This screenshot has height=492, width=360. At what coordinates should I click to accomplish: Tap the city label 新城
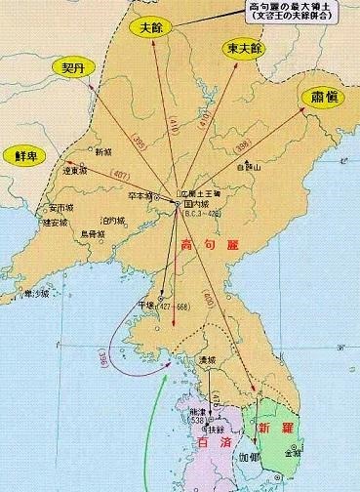tap(103, 152)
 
